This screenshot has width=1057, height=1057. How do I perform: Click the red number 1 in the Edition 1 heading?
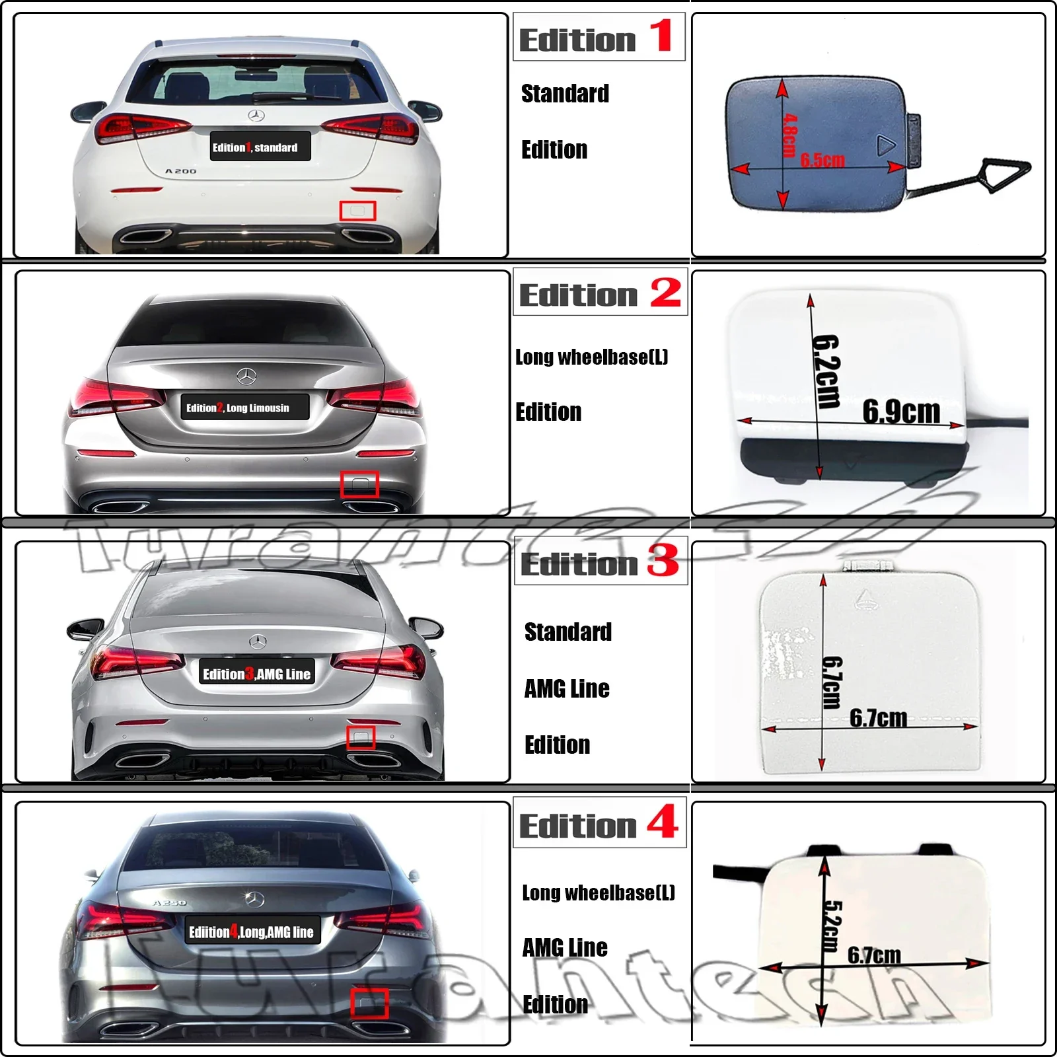661,36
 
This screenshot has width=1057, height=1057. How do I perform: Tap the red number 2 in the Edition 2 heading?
665,293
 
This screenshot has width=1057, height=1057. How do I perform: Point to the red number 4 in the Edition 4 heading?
663,821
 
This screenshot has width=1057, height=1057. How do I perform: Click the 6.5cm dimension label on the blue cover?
822,160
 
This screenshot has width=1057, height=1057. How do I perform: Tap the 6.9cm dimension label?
901,412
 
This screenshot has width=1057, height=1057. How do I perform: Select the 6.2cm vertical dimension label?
826,371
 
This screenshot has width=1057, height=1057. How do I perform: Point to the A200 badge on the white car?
180,171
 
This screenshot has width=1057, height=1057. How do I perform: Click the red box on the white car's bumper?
357,211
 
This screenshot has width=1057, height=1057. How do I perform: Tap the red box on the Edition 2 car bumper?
359,484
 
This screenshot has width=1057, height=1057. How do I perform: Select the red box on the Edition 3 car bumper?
361,737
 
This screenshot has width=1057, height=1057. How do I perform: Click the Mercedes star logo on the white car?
256,116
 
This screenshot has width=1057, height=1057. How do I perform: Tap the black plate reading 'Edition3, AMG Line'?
256,674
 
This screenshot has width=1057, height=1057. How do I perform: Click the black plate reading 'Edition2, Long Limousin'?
245,408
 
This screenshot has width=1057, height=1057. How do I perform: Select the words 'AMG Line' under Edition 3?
567,689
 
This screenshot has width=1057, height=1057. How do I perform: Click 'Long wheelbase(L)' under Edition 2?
591,357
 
